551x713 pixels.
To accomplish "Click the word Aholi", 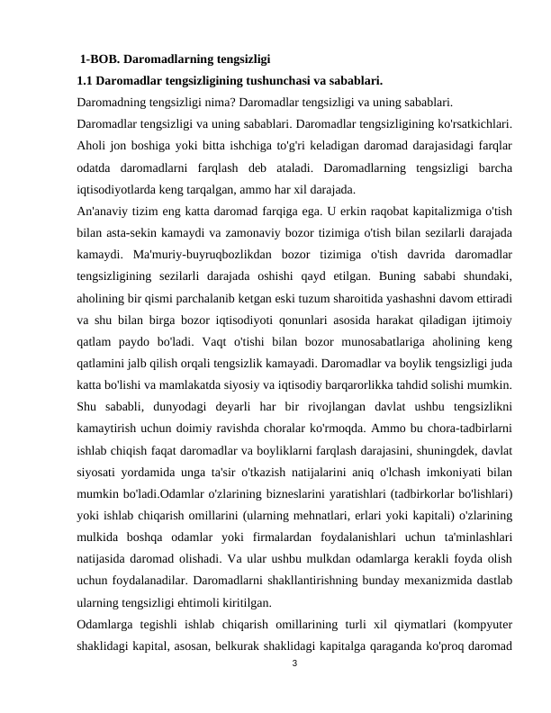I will [x=93, y=146].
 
